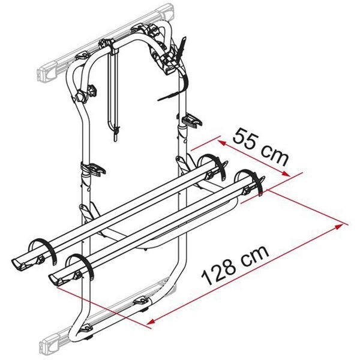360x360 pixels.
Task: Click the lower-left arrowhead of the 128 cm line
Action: click(x=146, y=321)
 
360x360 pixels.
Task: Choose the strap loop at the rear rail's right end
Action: click(x=214, y=164)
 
